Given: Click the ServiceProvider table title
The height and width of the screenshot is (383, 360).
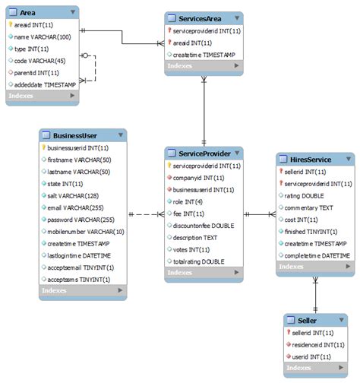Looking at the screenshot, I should (x=204, y=153).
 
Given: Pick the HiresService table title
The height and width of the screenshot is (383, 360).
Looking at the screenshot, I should (x=310, y=159).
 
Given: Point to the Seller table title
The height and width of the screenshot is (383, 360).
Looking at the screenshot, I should (x=309, y=319).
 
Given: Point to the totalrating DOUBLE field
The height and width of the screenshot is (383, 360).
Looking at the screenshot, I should (x=198, y=261).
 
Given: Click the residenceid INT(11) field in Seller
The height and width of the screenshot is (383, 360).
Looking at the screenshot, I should (x=313, y=343).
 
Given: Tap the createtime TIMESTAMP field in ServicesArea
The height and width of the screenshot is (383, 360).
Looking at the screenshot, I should (x=203, y=54).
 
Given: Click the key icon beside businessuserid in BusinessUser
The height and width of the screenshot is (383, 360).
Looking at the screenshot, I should (x=44, y=147).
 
